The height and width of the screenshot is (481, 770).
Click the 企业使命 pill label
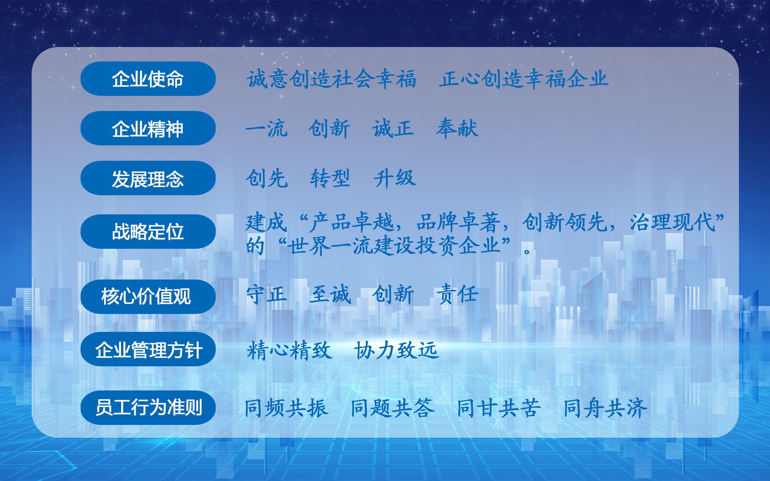click(148, 79)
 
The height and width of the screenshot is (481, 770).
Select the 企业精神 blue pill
click(148, 128)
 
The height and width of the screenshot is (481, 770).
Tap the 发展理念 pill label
click(148, 178)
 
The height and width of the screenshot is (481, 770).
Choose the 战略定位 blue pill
click(148, 232)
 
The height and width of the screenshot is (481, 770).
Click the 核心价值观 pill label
click(148, 297)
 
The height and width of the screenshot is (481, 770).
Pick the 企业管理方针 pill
click(148, 349)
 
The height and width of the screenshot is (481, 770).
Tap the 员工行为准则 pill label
click(148, 407)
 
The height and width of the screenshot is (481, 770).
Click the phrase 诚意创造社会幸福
click(332, 79)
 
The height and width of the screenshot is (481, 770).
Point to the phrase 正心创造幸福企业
click(524, 79)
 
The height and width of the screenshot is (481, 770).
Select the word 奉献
click(457, 128)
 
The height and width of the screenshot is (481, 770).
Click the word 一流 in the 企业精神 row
click(266, 128)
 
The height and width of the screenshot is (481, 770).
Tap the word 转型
click(330, 178)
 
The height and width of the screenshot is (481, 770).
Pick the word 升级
click(394, 178)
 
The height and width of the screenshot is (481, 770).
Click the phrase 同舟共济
click(605, 408)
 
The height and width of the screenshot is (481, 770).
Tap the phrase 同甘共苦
click(499, 408)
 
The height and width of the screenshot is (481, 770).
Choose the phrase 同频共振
click(286, 408)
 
